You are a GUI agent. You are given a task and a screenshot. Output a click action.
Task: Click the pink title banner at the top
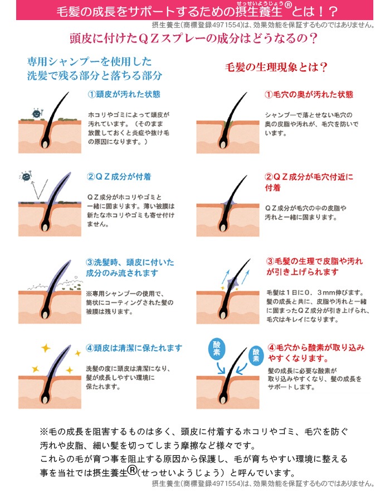pyautogui.click(x=194, y=10)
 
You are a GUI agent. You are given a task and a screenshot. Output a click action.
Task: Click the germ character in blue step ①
pyautogui.click(x=37, y=113)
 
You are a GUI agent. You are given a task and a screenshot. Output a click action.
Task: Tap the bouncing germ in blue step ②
pyautogui.click(x=26, y=176)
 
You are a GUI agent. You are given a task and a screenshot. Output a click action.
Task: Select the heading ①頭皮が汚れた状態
pyautogui.click(x=124, y=94)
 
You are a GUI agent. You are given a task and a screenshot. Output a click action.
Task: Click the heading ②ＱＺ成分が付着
pyautogui.click(x=119, y=177)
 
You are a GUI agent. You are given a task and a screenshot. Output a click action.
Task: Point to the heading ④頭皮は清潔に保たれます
pyautogui.click(x=134, y=348)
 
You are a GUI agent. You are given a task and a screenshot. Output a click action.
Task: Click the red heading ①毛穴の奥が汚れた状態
pyautogui.click(x=309, y=94)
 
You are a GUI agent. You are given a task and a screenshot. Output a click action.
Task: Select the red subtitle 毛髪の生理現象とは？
pyautogui.click(x=276, y=67)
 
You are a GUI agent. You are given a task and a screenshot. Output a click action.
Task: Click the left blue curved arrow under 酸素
pyautogui.click(x=221, y=368)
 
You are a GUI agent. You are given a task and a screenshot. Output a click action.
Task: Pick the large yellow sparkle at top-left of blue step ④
pyautogui.click(x=46, y=348)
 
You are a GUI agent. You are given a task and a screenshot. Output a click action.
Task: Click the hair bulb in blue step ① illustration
pyautogui.click(x=45, y=144)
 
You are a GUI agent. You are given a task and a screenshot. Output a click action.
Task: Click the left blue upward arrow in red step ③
pyautogui.click(x=226, y=277)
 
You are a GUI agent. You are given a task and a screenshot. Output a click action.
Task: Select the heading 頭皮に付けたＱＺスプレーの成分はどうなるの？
pyautogui.click(x=193, y=38)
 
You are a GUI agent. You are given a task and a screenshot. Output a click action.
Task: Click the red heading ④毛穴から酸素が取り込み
pyautogui.click(x=316, y=348)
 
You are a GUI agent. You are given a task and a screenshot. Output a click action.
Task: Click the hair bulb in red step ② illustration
pyautogui.click(x=223, y=227)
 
